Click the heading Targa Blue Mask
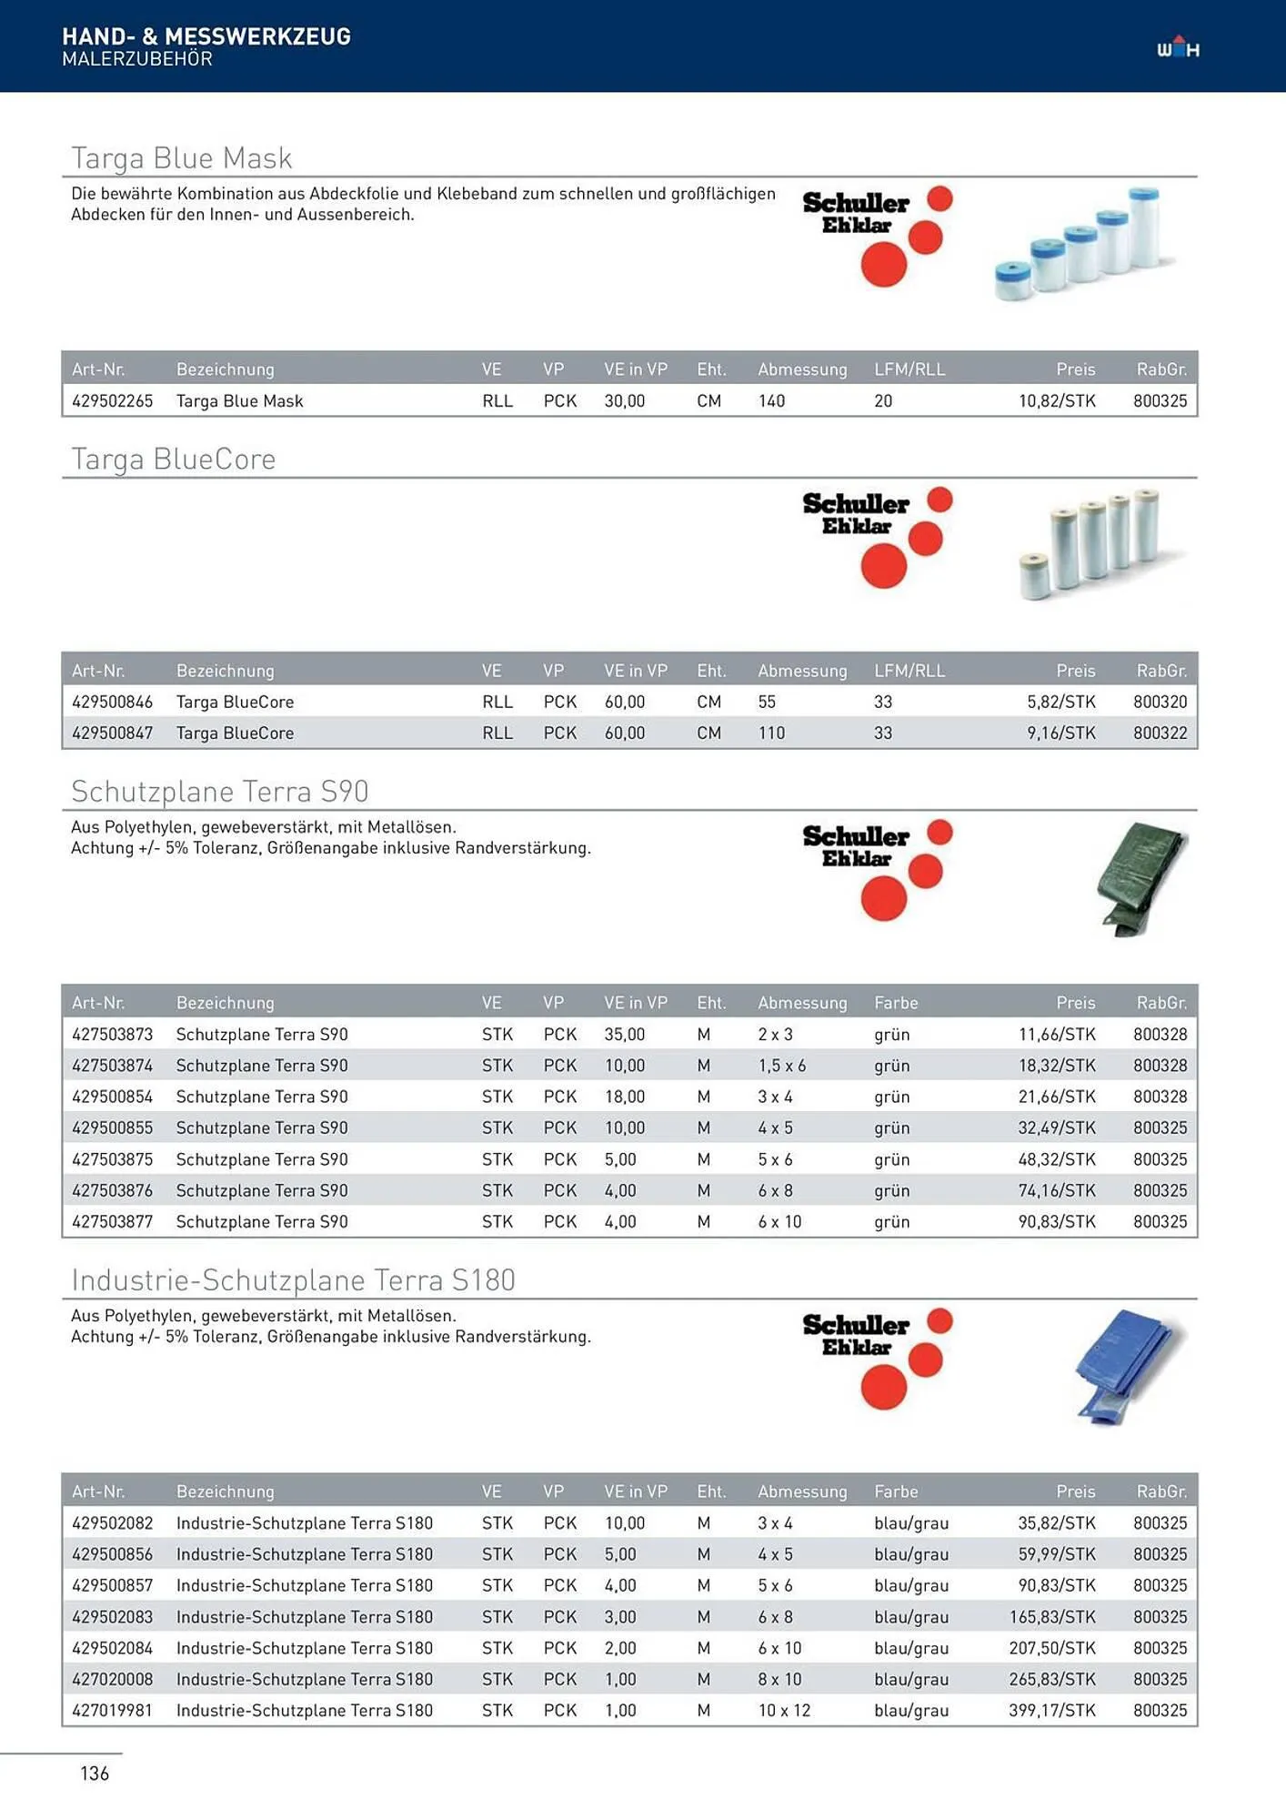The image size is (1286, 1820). point(182,158)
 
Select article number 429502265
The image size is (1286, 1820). point(113,401)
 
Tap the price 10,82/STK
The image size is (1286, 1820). point(1057,401)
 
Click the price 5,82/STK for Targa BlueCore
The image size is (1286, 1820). point(1061,703)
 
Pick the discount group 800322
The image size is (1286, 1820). point(1160,733)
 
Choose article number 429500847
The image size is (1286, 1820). point(113,733)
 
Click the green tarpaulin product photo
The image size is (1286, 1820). point(1140,879)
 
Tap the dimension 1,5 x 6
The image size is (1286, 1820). point(782,1066)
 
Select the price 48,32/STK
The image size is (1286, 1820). point(1057,1160)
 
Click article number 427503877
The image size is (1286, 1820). point(113,1222)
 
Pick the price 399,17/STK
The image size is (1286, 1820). point(1052,1711)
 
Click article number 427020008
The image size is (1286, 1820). point(113,1680)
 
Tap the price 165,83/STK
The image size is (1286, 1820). point(1052,1617)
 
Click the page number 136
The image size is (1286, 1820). point(95,1774)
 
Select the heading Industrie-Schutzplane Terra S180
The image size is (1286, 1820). point(293,1281)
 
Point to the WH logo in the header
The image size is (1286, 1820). point(1178,47)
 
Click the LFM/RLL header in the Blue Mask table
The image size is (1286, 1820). point(909,369)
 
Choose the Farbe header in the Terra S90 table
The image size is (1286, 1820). point(896,1003)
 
